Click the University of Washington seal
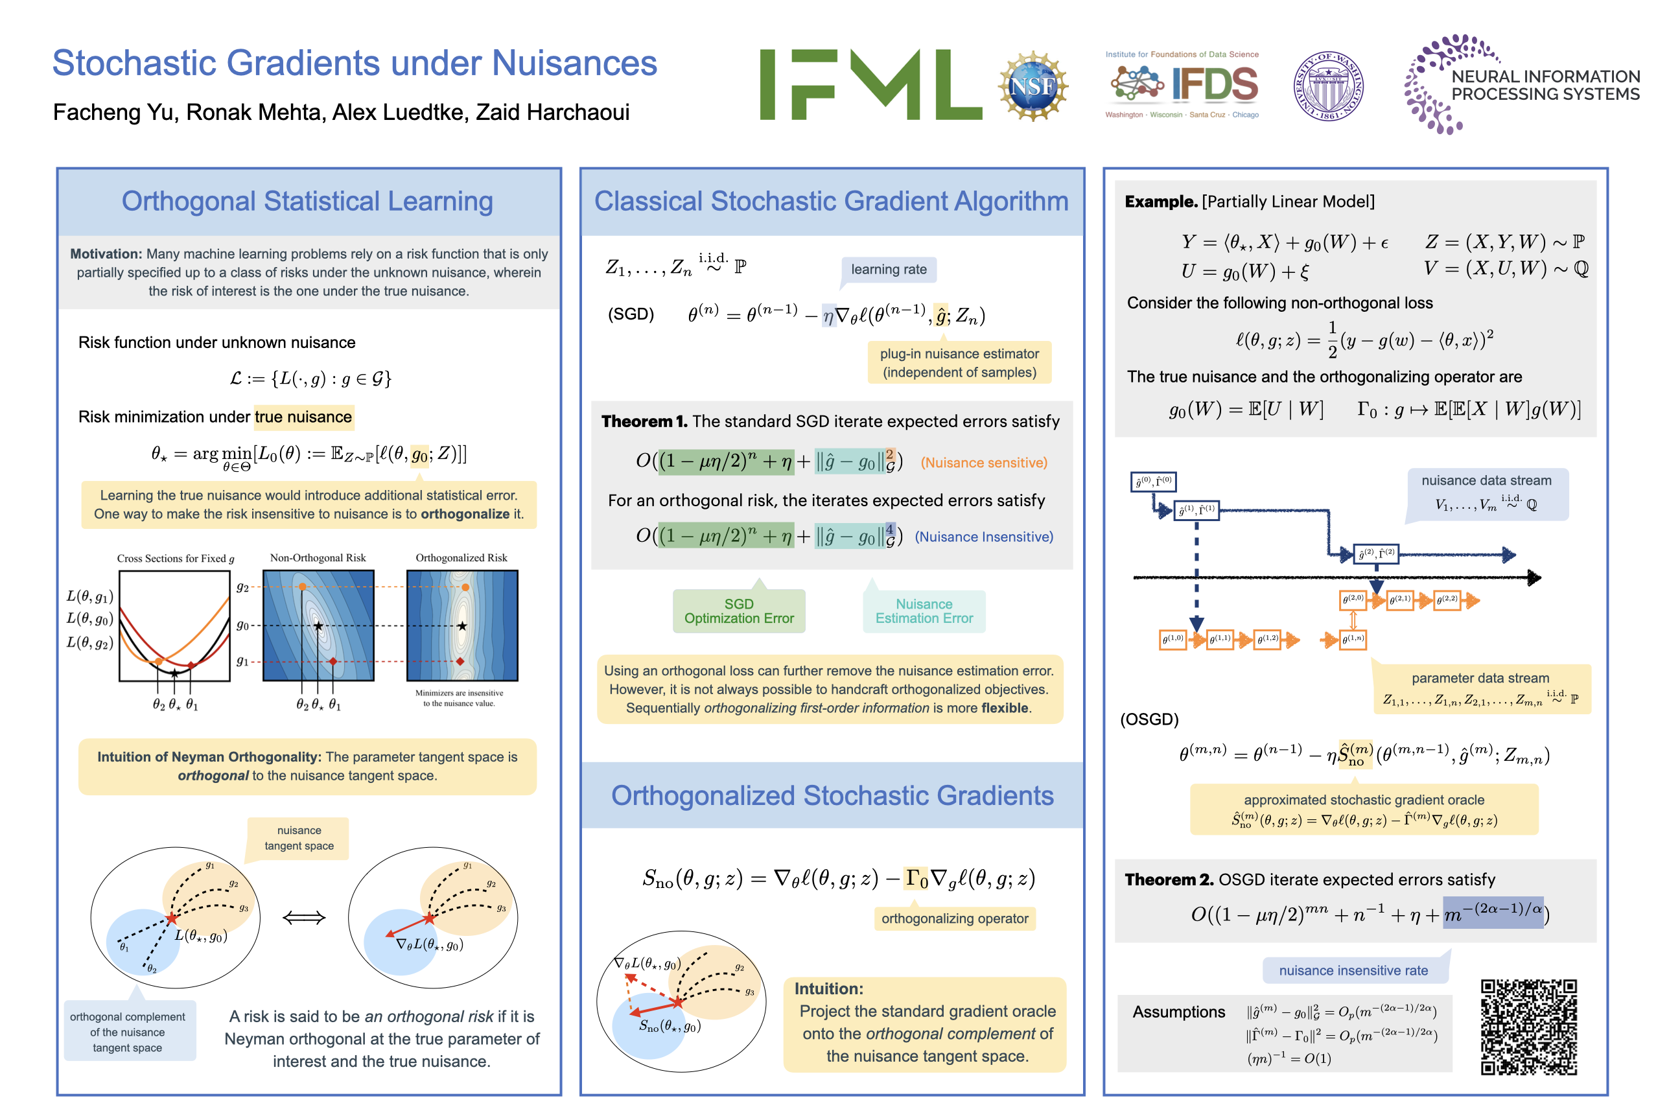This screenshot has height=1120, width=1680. (x=1328, y=86)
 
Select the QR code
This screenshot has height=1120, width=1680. (x=1528, y=1027)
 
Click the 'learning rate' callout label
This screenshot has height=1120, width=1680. (x=889, y=269)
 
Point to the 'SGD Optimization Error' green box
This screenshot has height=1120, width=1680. (x=739, y=611)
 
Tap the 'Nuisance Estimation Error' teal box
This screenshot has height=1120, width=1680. (x=924, y=611)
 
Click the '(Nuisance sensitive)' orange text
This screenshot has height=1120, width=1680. (x=984, y=463)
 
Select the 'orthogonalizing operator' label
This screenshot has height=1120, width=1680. (x=954, y=918)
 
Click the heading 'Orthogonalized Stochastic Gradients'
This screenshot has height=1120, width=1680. (x=832, y=796)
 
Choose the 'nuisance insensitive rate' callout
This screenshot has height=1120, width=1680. (x=1353, y=970)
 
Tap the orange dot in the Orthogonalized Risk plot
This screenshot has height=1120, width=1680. (x=465, y=587)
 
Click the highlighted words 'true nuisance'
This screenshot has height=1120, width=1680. (x=303, y=417)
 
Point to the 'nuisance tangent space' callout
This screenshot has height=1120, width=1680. (x=299, y=838)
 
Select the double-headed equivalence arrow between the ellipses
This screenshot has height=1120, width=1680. (x=303, y=918)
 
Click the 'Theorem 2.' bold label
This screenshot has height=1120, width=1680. (x=1169, y=880)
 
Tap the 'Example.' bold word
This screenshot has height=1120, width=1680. (x=1161, y=202)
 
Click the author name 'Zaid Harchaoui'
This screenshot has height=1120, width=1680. (x=552, y=112)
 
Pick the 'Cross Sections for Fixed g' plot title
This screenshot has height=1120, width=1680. (x=176, y=559)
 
